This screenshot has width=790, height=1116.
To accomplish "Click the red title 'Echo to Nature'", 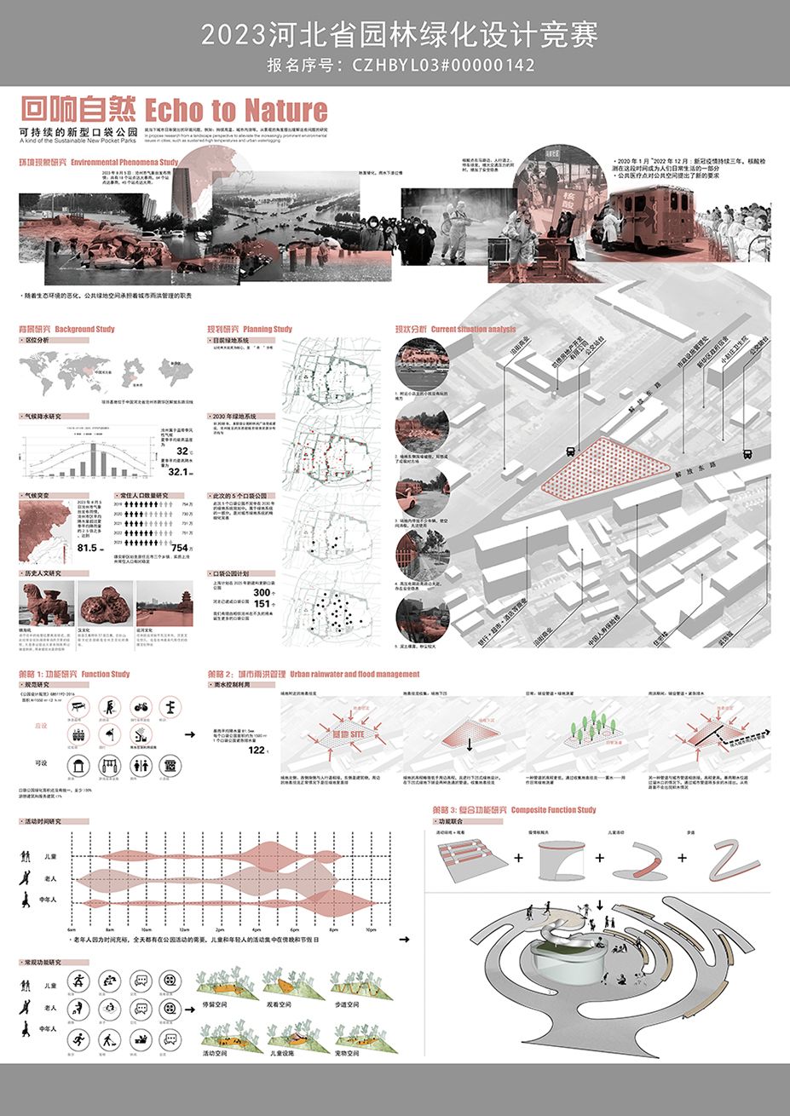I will coord(236,110).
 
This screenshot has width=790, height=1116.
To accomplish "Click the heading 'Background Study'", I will coord(84,329).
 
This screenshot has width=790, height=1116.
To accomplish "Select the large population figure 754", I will coord(180,548).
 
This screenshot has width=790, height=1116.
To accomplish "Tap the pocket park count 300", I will coord(262,591).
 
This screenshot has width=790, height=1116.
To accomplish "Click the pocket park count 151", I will coord(262,604).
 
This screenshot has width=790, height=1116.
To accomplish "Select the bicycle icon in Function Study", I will coord(141,706).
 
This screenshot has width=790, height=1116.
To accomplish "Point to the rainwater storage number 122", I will coord(257,751).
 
